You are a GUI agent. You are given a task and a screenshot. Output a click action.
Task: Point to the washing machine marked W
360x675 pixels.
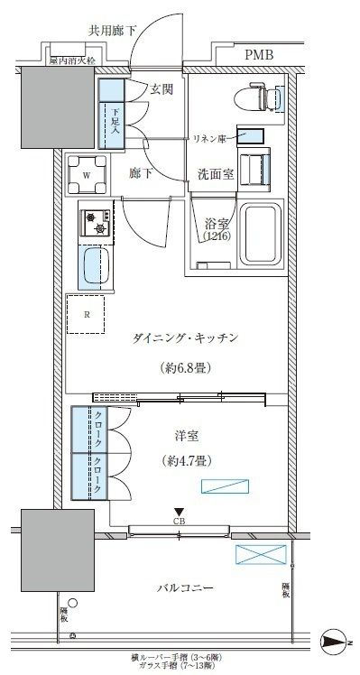pos(86,175)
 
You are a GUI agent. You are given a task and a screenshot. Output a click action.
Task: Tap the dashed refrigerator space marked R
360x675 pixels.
pos(87,315)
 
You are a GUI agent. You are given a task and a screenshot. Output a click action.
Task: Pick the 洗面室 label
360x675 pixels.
pos(216,174)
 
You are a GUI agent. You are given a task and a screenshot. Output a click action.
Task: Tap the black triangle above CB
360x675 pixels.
pos(179,511)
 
